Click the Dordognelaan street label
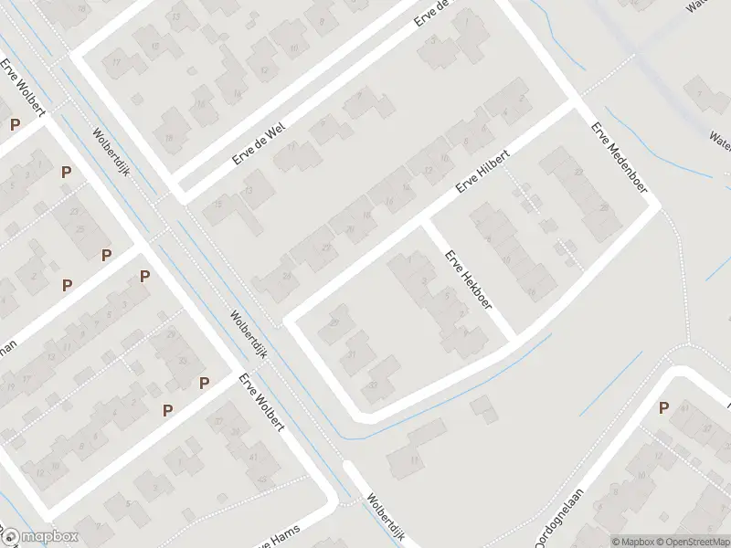(560, 520)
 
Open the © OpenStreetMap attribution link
(692, 541)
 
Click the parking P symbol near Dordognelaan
(664, 408)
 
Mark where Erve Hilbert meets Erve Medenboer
(574, 102)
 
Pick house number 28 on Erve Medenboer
(604, 208)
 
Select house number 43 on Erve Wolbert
(264, 478)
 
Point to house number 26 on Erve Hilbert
(286, 276)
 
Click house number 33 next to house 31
(373, 385)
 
